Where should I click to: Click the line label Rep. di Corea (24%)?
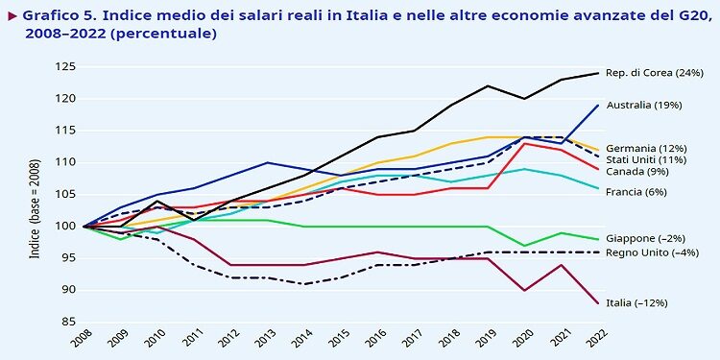tap(655, 73)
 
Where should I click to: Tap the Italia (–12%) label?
tap(636, 302)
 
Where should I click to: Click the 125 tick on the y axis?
tap(65, 67)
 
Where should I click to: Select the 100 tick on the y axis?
tap(65, 227)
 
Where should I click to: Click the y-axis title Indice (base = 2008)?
tap(36, 194)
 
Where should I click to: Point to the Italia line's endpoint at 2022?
tap(597, 302)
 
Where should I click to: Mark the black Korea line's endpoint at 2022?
tap(597, 73)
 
